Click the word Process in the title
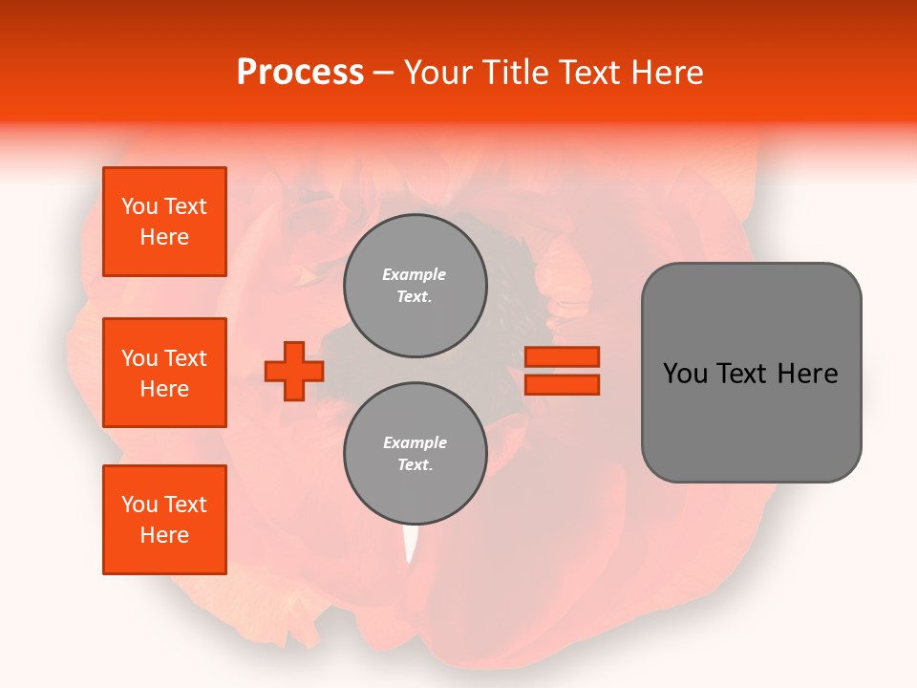coord(300,73)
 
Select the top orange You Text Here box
coord(164,222)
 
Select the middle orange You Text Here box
coord(164,373)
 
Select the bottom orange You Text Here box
coord(164,520)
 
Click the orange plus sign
coord(294,371)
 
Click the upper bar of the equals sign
coord(563,356)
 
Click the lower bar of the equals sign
coord(563,384)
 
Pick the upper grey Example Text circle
coord(415,286)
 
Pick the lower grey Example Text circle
coord(415,454)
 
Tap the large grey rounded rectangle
coord(751,373)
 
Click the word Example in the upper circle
coord(415,274)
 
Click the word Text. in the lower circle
coord(415,465)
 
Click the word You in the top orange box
coord(139,206)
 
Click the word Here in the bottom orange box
coord(164,535)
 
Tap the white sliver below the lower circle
coord(412,545)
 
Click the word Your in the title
coord(437,73)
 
